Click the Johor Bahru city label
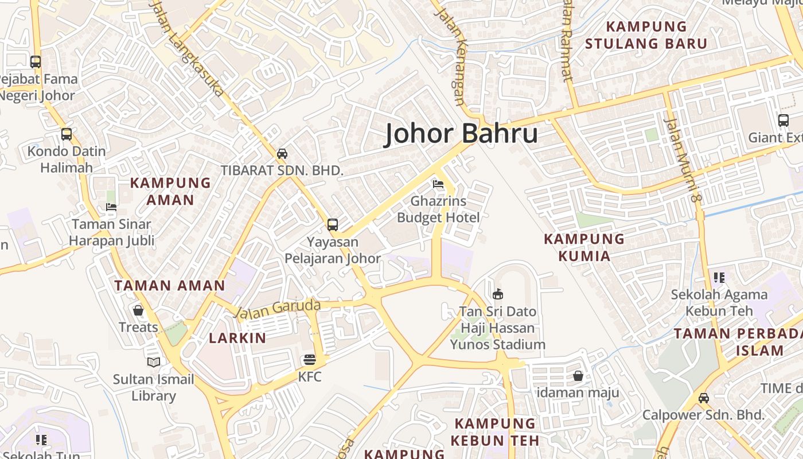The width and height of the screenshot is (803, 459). (461, 134)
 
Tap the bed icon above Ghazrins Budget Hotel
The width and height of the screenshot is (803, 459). (438, 184)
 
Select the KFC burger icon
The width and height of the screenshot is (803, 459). (310, 360)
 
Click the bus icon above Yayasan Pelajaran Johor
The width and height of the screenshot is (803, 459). (333, 224)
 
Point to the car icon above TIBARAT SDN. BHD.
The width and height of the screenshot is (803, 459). (282, 153)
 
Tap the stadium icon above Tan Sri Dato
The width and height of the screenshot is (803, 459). (497, 294)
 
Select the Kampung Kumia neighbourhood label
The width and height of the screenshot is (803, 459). (584, 247)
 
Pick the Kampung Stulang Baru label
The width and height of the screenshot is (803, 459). (646, 35)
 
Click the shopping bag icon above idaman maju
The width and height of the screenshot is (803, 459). (578, 376)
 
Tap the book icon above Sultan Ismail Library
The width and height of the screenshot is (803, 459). (154, 362)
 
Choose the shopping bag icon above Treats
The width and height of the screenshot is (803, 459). (138, 310)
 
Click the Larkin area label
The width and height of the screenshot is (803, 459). (237, 338)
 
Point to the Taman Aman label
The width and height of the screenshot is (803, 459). (170, 285)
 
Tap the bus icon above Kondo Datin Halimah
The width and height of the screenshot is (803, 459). (67, 134)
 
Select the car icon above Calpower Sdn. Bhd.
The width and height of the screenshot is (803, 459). (703, 398)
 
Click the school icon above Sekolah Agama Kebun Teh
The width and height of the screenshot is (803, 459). (719, 278)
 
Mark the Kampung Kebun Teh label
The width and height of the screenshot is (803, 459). (494, 432)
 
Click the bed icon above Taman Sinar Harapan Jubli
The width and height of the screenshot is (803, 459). (111, 207)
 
